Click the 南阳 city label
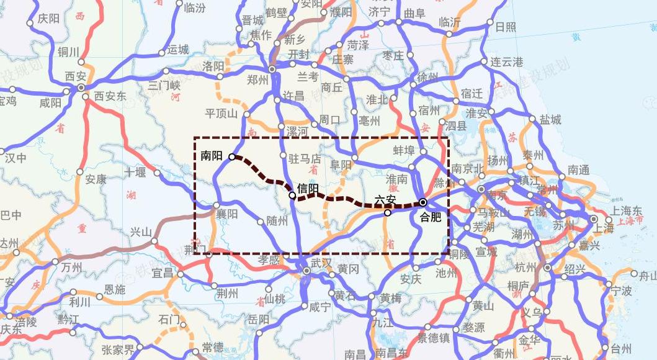212,156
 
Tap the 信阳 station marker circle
293,196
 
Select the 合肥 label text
430,217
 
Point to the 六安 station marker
388,212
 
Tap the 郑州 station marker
272,69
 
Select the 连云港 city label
507,62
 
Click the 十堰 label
136,172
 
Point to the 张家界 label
118,349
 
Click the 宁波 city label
621,290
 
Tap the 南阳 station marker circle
232,156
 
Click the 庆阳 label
48,19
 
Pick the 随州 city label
277,221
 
